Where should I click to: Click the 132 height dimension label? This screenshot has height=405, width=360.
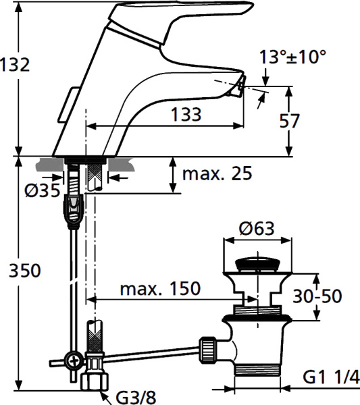(x=15, y=65)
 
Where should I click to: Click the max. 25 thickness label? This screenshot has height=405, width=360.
(x=217, y=173)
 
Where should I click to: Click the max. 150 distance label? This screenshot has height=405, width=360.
(x=160, y=289)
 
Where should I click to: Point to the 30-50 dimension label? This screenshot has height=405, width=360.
(x=318, y=296)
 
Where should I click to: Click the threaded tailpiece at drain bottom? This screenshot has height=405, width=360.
(x=254, y=369)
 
